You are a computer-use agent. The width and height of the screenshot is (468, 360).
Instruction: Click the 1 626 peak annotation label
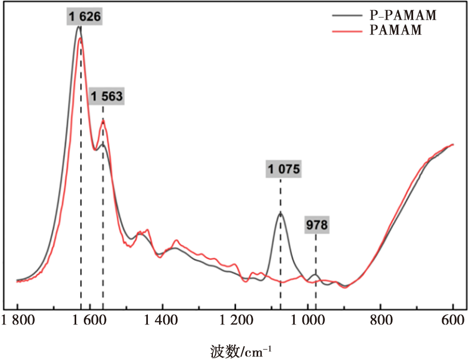84,16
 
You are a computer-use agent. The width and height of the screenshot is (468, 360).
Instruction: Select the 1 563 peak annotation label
107,96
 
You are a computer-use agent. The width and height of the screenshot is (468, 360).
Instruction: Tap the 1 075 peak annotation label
284,169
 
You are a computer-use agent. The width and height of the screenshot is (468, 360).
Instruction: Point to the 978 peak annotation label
317,224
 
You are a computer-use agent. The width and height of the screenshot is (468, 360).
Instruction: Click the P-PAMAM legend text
403,15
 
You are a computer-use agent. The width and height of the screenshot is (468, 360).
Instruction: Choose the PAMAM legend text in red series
396,30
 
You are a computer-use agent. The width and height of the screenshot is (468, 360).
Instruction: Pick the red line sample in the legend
347,31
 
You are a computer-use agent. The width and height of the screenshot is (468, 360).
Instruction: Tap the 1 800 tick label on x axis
18,320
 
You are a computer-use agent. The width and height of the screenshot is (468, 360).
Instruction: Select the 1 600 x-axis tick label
89,320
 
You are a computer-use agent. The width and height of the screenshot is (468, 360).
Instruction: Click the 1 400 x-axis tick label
161,320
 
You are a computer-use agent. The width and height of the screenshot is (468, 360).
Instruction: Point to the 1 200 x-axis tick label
236,320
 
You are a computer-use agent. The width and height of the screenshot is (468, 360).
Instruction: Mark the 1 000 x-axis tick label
308,320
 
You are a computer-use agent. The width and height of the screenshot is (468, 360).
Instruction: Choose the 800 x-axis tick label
381,320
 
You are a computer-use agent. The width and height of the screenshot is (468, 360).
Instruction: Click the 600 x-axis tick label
453,320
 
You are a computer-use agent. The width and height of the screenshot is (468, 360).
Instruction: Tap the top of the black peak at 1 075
280,212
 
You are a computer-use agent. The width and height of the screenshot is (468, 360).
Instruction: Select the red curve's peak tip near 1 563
103,121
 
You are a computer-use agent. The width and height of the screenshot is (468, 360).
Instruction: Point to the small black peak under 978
315,274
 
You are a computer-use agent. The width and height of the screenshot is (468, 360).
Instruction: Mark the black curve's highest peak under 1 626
78,26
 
